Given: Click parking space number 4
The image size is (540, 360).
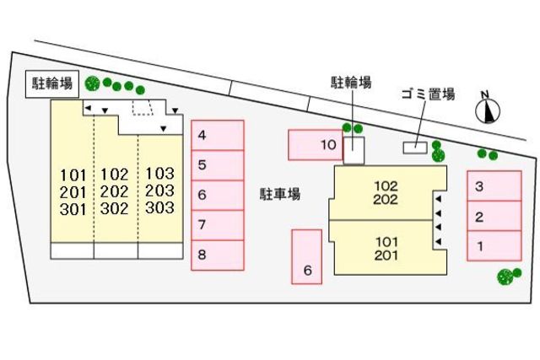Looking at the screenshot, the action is (218, 135).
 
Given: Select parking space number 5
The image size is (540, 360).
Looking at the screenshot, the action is (218, 165).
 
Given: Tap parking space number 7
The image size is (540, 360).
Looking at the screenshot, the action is (218, 225).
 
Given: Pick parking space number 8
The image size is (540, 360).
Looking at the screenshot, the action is (218, 255).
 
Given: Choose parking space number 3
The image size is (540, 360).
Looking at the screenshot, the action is (494, 186).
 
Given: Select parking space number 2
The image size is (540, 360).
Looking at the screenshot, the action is (494, 217).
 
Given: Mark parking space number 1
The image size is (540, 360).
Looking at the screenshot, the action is (494, 246).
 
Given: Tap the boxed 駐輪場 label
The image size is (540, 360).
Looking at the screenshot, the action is (52, 83).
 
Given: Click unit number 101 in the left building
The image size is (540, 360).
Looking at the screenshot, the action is (73, 175).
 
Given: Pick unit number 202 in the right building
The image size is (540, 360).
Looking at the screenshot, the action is (386, 200).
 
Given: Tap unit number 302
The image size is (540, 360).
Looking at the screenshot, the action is (115, 208).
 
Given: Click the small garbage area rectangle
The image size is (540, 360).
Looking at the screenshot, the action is (415, 148).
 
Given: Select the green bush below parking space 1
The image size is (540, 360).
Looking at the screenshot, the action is (507, 276).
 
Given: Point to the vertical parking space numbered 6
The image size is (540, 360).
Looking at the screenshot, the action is (308, 256).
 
